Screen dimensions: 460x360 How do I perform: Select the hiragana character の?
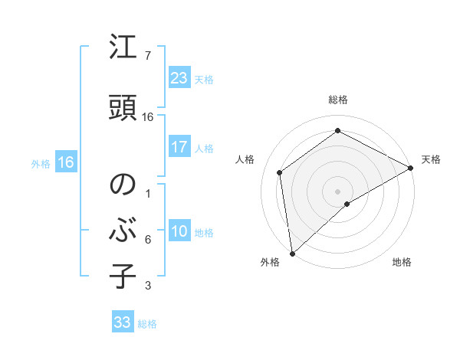(x=123, y=185)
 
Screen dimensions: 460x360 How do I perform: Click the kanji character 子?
(x=123, y=277)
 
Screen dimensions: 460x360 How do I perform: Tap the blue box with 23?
(x=179, y=77)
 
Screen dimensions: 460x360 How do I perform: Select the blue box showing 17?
(x=179, y=147)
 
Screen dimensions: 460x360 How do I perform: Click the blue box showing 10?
(x=179, y=231)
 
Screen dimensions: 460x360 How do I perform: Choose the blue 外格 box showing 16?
(x=65, y=162)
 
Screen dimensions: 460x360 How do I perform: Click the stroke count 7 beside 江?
(x=147, y=56)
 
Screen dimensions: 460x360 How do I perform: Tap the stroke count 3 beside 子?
(x=147, y=286)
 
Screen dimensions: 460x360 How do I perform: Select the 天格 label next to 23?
(x=203, y=79)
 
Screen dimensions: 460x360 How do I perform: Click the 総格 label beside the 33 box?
(x=147, y=324)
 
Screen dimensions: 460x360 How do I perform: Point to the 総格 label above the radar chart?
(x=337, y=100)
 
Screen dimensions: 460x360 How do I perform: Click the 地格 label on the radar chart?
(x=401, y=263)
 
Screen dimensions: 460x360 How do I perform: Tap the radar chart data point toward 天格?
(x=411, y=168)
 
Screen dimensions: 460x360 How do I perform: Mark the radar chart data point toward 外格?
(x=291, y=253)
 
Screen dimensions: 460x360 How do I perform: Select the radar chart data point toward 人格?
(x=280, y=172)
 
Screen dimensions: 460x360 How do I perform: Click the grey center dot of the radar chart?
(x=337, y=190)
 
